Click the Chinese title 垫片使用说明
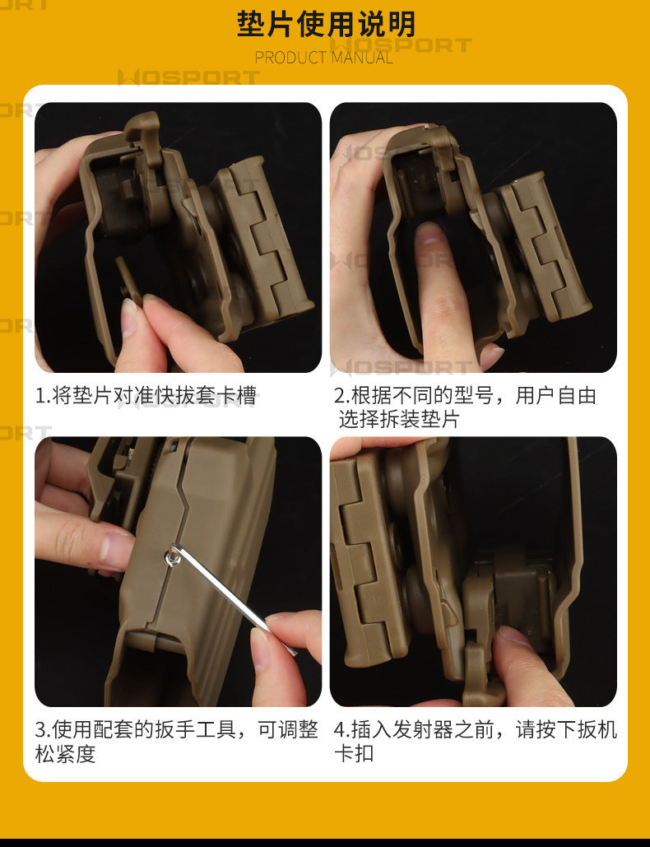(326, 24)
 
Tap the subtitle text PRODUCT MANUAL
(324, 58)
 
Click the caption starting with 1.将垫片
(146, 395)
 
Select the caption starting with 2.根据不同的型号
(465, 407)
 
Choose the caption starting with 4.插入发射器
(475, 741)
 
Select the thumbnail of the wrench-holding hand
(286, 656)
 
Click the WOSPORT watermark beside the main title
(402, 44)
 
